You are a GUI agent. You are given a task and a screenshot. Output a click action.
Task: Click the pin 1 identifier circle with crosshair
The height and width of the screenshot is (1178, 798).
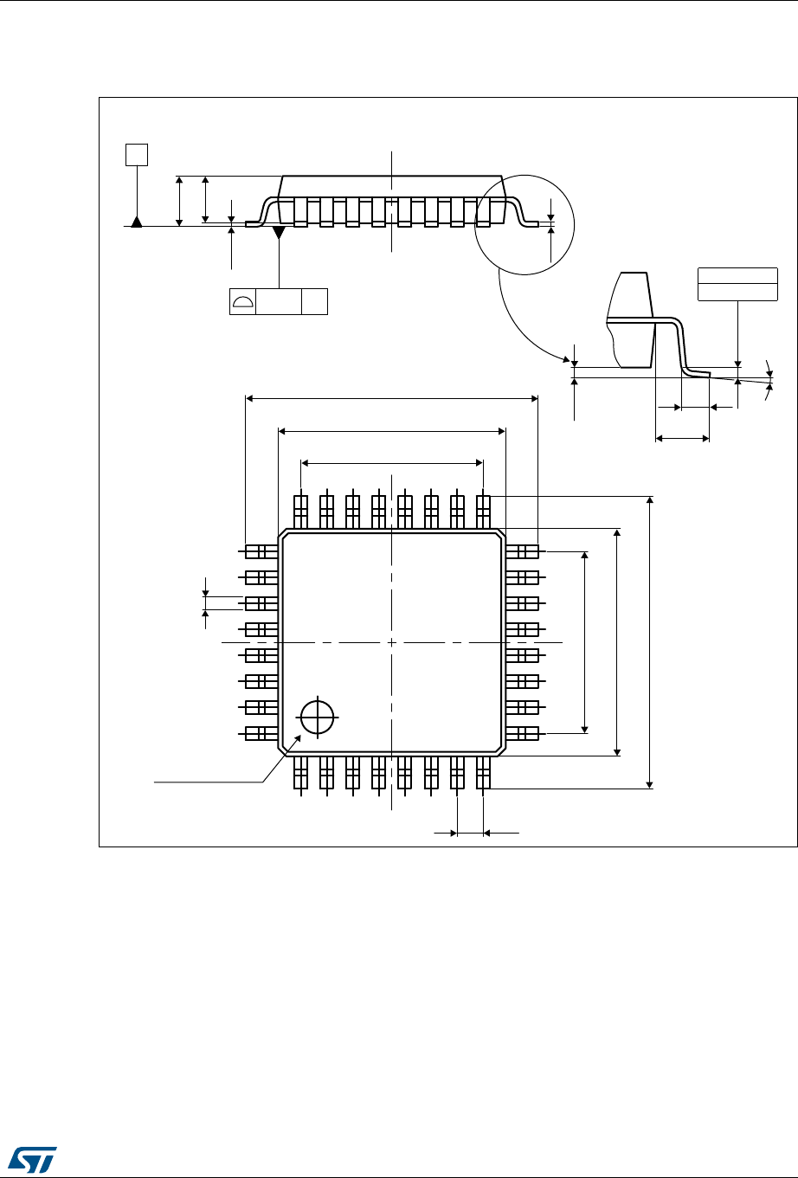coord(318,717)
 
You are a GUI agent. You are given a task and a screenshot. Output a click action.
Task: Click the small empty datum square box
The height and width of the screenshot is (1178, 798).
coord(136,155)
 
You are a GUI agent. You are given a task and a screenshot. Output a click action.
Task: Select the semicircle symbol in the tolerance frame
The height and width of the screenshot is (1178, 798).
coord(243,301)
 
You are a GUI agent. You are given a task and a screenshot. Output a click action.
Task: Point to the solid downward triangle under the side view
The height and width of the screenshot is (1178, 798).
coord(279,233)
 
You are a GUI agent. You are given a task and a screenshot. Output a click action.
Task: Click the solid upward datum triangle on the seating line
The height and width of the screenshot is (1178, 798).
coord(136,221)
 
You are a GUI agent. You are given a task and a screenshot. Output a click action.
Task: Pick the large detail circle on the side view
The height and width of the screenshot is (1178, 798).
coord(525,223)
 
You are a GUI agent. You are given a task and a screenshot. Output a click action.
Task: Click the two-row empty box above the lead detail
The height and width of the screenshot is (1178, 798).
coord(737,285)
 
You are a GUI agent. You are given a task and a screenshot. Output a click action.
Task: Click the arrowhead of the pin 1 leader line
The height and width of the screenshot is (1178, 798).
coord(299,738)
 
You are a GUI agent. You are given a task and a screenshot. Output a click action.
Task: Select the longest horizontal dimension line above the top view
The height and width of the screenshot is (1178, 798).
coord(392,398)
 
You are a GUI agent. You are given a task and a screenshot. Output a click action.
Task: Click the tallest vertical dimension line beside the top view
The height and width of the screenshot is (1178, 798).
coord(651,642)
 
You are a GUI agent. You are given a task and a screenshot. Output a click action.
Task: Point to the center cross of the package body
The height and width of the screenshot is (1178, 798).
coord(392,642)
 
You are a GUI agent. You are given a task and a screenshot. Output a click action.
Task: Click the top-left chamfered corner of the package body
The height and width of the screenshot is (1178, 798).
coord(281,534)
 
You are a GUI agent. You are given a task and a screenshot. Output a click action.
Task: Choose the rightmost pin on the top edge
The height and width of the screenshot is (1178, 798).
coord(484,512)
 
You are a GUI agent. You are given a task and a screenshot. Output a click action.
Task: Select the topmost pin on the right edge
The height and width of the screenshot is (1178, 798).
coord(523,551)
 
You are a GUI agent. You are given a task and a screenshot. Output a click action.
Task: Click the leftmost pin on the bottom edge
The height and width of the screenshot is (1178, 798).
coord(300,772)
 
